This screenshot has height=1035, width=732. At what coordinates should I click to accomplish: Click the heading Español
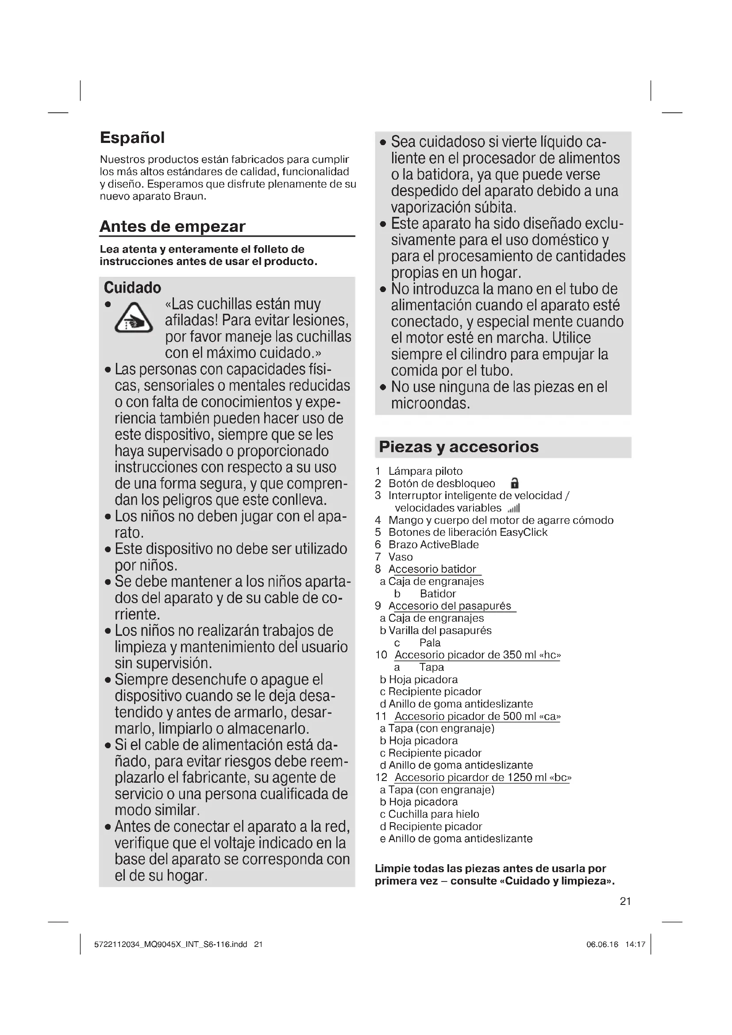coord(132,138)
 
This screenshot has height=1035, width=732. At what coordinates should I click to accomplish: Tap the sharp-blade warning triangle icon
coord(133,318)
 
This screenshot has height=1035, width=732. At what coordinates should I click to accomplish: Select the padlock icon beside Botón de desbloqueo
coord(514,483)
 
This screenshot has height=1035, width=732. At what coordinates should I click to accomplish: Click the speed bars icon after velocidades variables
coord(514,508)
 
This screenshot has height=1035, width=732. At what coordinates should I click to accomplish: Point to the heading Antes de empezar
coord(172,226)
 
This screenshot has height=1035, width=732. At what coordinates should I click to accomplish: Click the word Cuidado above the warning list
coord(132,288)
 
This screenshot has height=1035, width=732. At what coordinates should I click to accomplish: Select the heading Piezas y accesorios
coord(458,447)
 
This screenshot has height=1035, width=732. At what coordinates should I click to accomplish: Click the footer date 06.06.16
coord(602,944)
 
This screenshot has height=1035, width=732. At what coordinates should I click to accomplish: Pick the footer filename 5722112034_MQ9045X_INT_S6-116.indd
coord(170,944)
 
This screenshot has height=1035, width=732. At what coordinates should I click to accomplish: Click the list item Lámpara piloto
coord(425,471)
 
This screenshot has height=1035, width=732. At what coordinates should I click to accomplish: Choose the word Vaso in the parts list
coord(400,557)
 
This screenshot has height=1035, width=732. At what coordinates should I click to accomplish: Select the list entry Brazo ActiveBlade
coord(433,545)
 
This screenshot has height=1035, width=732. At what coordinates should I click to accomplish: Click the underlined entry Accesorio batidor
coord(432,569)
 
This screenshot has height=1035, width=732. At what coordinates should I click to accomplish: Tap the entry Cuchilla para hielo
coord(433,814)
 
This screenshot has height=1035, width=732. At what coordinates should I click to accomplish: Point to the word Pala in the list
coord(430,643)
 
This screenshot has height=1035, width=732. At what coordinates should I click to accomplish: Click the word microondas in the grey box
coord(430,404)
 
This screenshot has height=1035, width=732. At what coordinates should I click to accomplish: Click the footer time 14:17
coord(635,944)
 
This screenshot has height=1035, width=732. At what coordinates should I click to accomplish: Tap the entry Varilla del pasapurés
coord(439,630)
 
